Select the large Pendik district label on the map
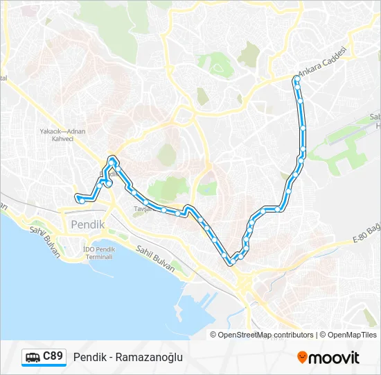click(87, 225)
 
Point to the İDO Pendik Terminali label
click(98, 252)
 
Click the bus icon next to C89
click(33, 358)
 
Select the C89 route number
click(53, 357)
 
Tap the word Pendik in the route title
click(88, 358)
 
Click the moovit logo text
click(335, 358)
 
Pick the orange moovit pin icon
click(303, 358)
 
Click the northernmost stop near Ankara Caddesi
click(296, 81)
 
